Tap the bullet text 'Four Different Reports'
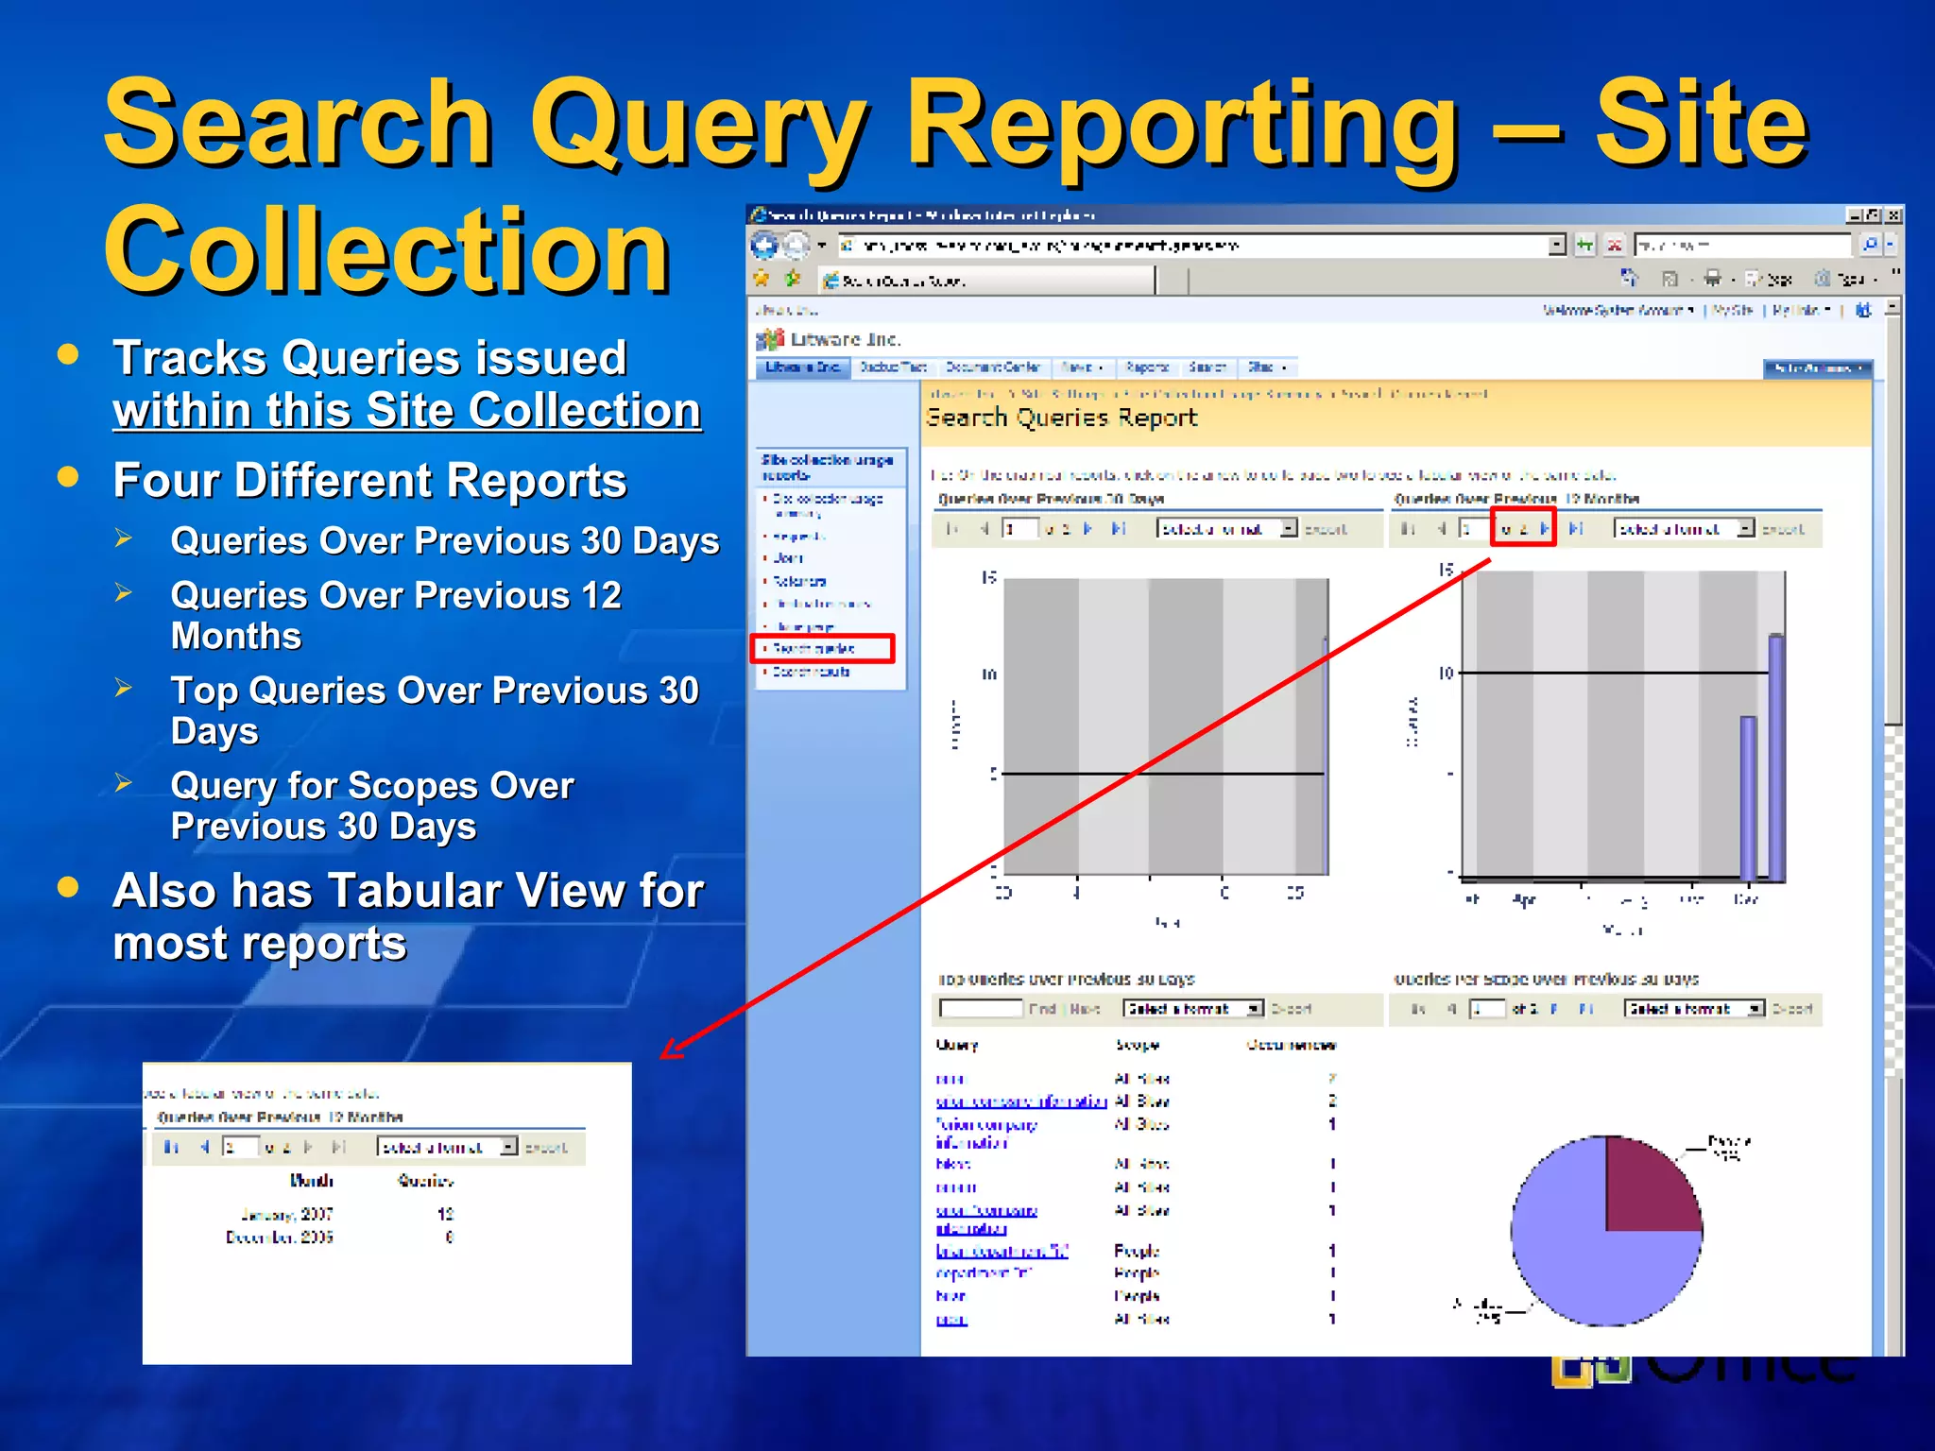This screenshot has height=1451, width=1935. point(369,480)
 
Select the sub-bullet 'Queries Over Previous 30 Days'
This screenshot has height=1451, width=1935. point(444,541)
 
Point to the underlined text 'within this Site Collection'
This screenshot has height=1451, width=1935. point(406,411)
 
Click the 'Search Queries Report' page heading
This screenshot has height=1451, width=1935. point(1061,418)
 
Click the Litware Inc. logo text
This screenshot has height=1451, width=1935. point(845,339)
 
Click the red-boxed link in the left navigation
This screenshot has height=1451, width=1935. point(821,648)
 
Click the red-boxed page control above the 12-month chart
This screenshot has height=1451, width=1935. point(1522,528)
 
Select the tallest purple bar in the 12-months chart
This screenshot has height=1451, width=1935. point(1775,756)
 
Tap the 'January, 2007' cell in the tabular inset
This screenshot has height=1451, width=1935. point(287,1214)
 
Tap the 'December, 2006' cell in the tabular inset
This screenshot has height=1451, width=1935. point(280,1238)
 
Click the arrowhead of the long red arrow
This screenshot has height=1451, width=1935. point(669,1050)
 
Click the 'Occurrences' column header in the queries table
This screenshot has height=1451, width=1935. point(1291,1045)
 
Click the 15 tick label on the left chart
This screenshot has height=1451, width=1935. point(988,577)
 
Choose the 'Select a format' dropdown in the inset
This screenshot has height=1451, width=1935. point(447,1147)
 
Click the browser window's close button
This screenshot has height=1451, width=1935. point(1893,215)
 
